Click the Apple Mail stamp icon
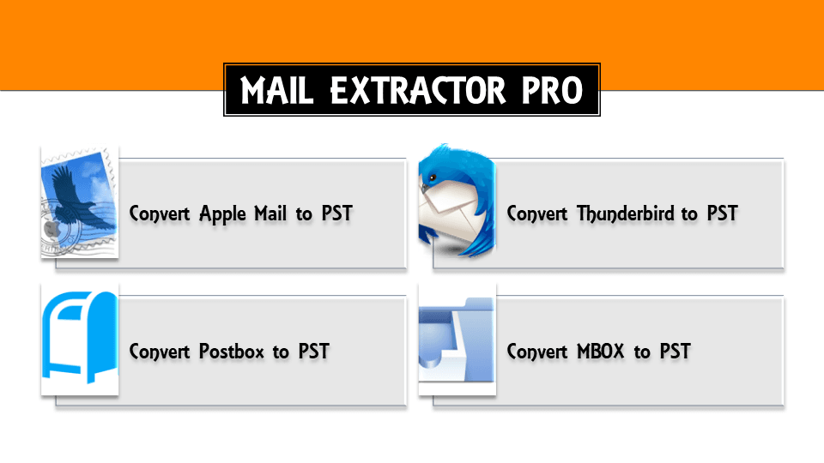click(79, 201)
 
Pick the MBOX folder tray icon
click(457, 343)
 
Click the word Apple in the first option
click(222, 213)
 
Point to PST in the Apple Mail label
click(336, 213)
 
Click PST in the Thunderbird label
click(722, 213)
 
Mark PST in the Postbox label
click(313, 352)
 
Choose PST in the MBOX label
click(675, 352)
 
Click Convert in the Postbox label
click(160, 352)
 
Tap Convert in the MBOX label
click(537, 352)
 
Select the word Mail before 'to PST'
click(270, 213)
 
